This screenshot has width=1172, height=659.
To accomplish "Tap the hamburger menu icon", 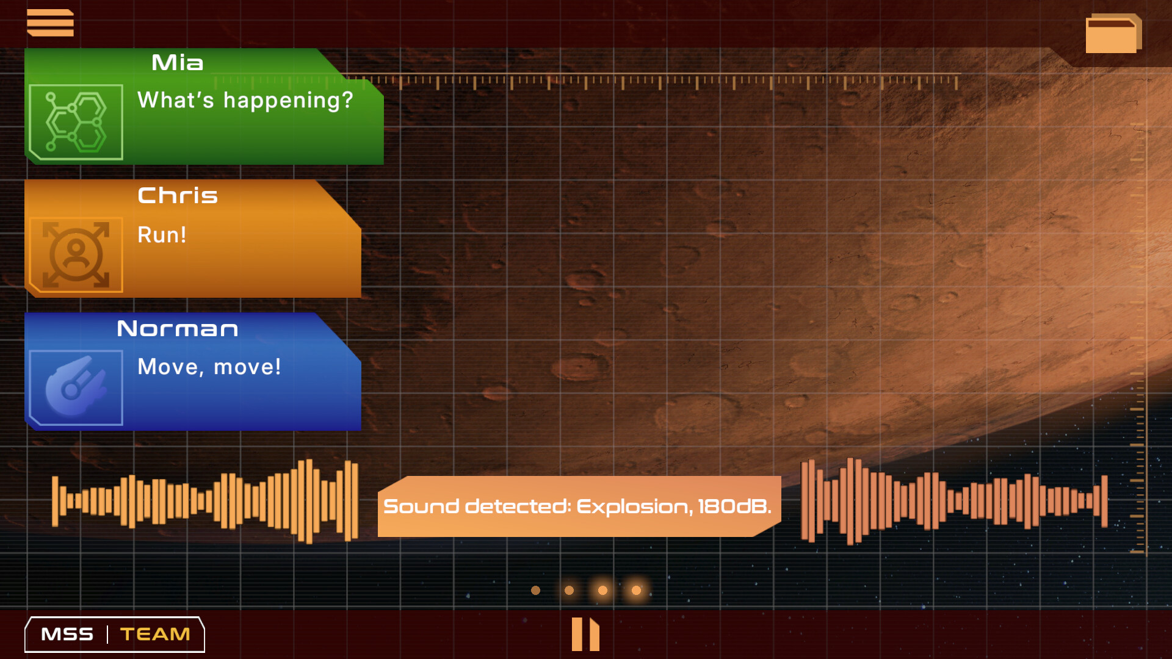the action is tap(50, 23).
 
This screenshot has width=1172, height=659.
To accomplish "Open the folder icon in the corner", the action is tap(1113, 34).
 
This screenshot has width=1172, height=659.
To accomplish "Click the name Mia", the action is tap(177, 62).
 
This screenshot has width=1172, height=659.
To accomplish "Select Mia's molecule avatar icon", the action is tap(76, 122).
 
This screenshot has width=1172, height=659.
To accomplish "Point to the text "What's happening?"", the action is tap(245, 100).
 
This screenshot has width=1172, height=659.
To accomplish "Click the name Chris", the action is tap(178, 195).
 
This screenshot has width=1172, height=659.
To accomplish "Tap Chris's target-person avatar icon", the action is tap(76, 254).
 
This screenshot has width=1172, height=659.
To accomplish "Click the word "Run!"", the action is tap(162, 235).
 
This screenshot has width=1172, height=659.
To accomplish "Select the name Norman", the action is tap(178, 329).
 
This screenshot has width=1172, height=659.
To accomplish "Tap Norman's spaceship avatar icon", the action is tap(76, 387).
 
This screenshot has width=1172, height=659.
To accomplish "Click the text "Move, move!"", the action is tap(209, 367).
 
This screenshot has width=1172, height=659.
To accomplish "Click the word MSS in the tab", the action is tap(67, 635).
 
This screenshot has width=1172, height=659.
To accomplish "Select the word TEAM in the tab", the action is tap(155, 635).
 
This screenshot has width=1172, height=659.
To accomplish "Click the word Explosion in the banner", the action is tap(634, 507).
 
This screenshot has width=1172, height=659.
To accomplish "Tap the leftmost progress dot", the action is tap(535, 590).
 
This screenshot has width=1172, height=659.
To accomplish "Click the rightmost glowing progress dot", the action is tap(636, 590).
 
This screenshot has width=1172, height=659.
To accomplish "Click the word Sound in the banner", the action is tap(421, 506).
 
